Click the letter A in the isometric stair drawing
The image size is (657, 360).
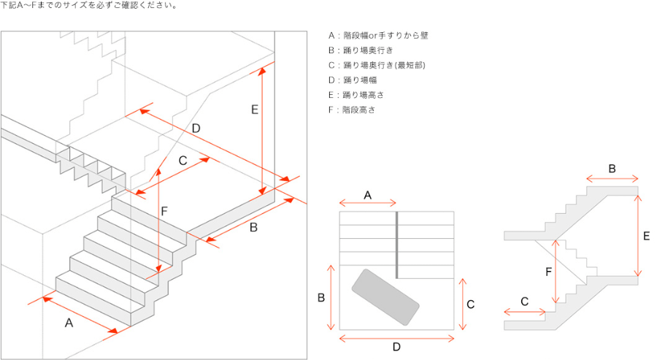pyautogui.click(x=69, y=323)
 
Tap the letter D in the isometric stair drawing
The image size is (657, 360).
pyautogui.click(x=196, y=129)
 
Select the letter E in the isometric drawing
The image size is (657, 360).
pyautogui.click(x=254, y=110)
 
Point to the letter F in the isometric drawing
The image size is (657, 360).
pyautogui.click(x=164, y=211)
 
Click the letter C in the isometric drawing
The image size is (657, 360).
pyautogui.click(x=182, y=161)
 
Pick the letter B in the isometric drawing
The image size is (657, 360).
pyautogui.click(x=253, y=228)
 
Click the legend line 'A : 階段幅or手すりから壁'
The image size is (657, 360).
pyautogui.click(x=378, y=36)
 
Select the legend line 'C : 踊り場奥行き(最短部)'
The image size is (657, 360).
pyautogui.click(x=377, y=65)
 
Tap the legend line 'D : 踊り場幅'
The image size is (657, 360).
pyautogui.click(x=353, y=80)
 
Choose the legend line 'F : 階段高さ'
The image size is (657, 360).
pyautogui.click(x=352, y=110)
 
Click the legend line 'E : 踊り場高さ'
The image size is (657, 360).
pyautogui.click(x=356, y=95)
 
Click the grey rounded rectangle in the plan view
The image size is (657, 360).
pyautogui.click(x=385, y=297)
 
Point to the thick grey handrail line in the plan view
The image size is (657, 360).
pyautogui.click(x=397, y=245)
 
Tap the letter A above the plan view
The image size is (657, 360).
pyautogui.click(x=367, y=195)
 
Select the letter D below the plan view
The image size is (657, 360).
pyautogui.click(x=396, y=347)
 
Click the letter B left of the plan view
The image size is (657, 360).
pyautogui.click(x=321, y=298)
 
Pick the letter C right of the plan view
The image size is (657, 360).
pyautogui.click(x=471, y=305)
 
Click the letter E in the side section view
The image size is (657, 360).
pyautogui.click(x=647, y=236)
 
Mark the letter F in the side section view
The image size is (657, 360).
pyautogui.click(x=548, y=272)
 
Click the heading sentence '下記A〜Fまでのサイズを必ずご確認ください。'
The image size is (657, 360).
pyautogui.click(x=89, y=5)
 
